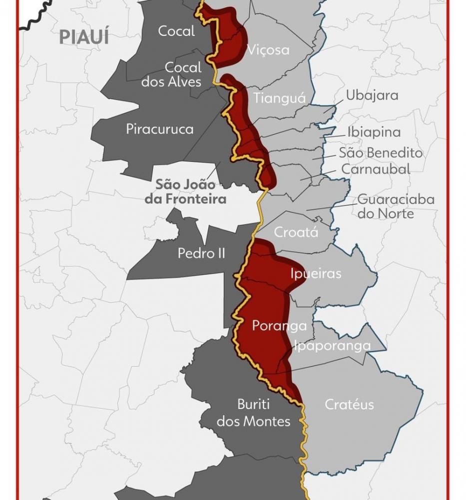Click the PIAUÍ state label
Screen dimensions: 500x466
[x=84, y=37]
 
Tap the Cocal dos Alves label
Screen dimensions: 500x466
[x=171, y=74]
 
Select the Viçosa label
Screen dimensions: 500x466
[x=268, y=50]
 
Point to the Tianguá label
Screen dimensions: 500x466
[x=279, y=98]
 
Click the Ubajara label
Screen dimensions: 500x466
[x=372, y=95]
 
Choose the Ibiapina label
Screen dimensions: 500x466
[x=374, y=132]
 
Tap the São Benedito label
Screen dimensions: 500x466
[x=381, y=153]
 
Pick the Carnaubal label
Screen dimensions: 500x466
[x=376, y=169]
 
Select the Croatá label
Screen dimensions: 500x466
[x=296, y=232]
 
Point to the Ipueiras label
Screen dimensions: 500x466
[x=316, y=273]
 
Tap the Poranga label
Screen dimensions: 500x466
[x=279, y=325]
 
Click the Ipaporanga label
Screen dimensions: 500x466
[x=332, y=345]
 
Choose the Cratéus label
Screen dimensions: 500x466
[x=349, y=404]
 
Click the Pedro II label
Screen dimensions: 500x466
[x=201, y=253]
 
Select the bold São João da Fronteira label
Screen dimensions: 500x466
[x=191, y=191]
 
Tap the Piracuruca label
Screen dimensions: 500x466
[x=159, y=129]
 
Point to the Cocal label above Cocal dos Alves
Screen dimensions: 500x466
[x=176, y=31]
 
